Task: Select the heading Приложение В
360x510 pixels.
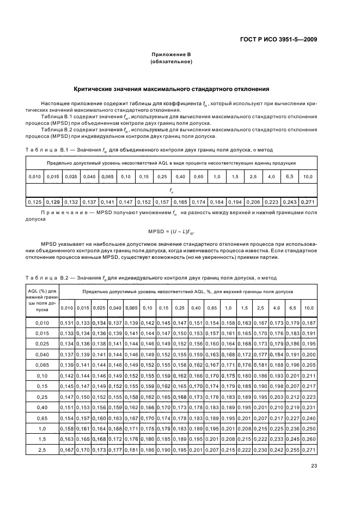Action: tap(172, 54)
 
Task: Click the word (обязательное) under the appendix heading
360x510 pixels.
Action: tap(172, 62)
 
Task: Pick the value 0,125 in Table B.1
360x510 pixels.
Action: tap(35, 202)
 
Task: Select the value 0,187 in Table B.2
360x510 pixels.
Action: tap(308, 323)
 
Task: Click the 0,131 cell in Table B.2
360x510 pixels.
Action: tap(66, 323)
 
